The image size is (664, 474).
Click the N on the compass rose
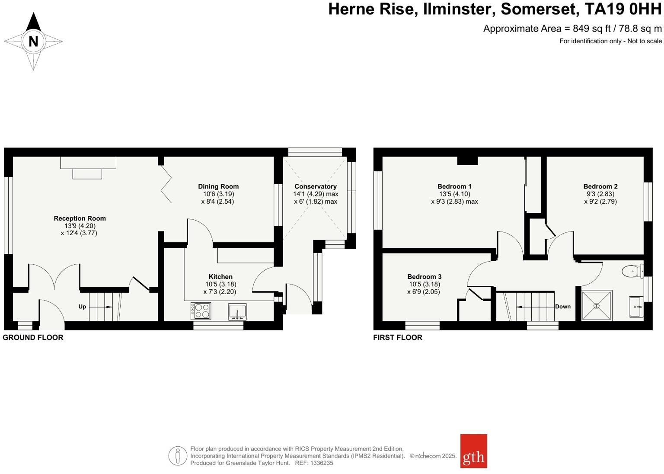33,42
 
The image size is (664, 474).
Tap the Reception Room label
80,218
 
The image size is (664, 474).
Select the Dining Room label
218,186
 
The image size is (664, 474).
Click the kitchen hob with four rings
201,311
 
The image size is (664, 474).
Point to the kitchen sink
237,311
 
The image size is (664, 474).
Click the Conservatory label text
315,186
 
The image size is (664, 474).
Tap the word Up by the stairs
82,307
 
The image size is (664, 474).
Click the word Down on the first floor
563,307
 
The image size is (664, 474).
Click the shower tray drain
597,306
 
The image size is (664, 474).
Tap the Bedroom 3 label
424,277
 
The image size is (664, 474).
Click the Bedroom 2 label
600,186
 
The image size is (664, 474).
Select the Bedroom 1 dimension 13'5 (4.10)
454,194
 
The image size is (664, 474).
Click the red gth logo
473,451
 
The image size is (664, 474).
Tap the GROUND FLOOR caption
33,337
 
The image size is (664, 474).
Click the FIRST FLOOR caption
397,337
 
